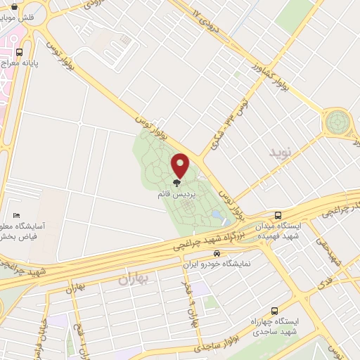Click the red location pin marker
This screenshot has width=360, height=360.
[181, 166]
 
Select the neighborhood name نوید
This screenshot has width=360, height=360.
[278, 151]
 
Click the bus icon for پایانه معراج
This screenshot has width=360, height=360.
[18, 51]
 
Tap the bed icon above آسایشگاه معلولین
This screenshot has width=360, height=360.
[17, 215]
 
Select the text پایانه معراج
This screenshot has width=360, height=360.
[33, 63]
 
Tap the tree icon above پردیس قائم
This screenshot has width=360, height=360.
[176, 182]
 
